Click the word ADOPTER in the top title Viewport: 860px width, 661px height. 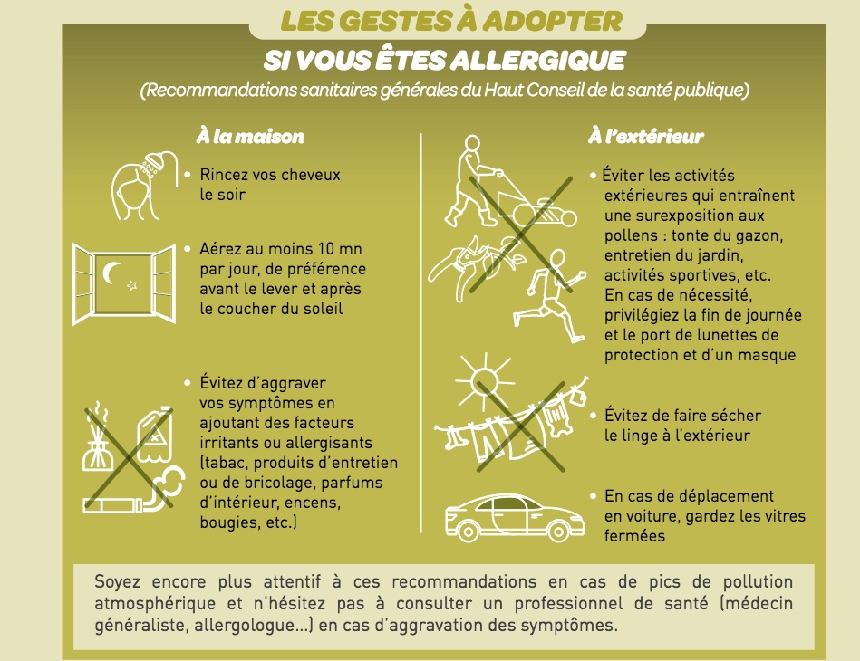coord(552,21)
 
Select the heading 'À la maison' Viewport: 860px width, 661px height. coord(250,136)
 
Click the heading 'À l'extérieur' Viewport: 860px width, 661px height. coord(646,136)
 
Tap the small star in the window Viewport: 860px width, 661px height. coord(131,285)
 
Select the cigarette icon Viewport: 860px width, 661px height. coord(112,504)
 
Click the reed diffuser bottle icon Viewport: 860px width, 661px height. coord(97,437)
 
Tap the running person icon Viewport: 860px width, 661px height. coord(549,296)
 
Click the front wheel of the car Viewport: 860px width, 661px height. coord(558,532)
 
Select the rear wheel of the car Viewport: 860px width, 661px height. coord(468,532)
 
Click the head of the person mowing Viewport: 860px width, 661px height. coord(471,144)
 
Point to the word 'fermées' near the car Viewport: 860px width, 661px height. coord(634,535)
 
